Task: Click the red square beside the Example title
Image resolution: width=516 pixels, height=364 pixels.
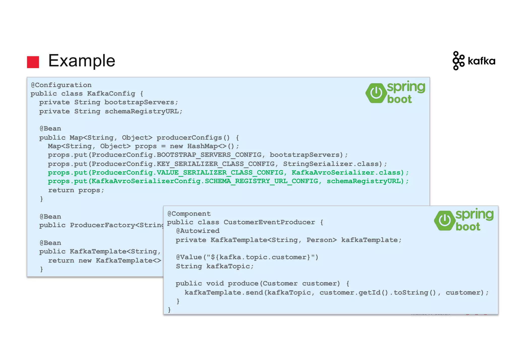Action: click(33, 62)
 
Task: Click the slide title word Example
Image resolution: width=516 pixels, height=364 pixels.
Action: click(82, 61)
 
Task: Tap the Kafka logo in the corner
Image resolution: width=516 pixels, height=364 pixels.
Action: click(474, 61)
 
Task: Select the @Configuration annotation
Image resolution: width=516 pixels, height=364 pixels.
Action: click(61, 85)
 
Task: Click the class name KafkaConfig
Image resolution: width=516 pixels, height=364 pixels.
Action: click(111, 94)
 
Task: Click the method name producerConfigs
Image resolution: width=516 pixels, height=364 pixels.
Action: click(189, 138)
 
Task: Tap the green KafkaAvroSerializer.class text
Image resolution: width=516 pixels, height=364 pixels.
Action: click(346, 173)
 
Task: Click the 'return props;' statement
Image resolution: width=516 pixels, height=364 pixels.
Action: click(76, 190)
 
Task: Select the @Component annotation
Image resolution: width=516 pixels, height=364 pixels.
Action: click(189, 214)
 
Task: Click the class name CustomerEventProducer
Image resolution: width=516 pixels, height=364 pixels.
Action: click(269, 222)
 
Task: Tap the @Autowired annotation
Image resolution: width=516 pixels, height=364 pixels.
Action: click(198, 231)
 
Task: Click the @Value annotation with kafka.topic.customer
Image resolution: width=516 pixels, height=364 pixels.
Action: click(247, 257)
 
